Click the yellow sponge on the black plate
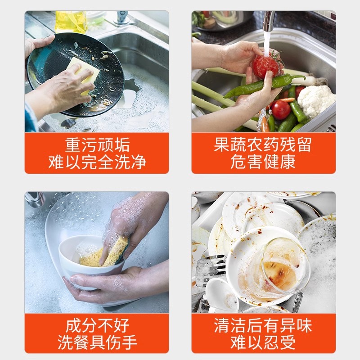84,73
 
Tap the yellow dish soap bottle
71,21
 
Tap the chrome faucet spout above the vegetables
269,21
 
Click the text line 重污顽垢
97,145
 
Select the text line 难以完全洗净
97,162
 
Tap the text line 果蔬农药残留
263,144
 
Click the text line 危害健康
263,162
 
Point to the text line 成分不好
97,325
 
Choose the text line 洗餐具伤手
97,342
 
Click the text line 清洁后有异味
263,325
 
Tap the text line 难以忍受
263,342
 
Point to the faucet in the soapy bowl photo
35,198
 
